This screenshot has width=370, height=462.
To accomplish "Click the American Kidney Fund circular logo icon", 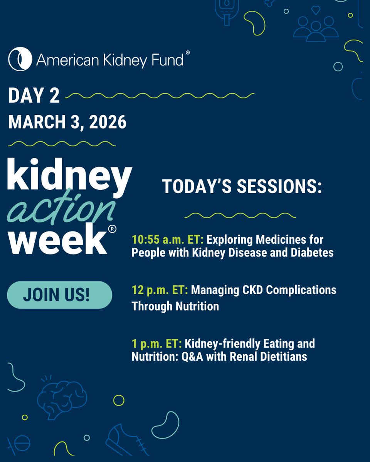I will (x=20, y=59).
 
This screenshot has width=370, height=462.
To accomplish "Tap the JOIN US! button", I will (x=60, y=295).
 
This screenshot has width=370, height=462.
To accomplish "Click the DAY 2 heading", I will (x=34, y=97).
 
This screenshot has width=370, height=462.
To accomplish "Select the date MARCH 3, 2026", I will (x=67, y=122).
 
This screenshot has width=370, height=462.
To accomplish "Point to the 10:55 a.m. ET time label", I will (x=168, y=240).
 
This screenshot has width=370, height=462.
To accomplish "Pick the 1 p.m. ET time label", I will (x=156, y=343).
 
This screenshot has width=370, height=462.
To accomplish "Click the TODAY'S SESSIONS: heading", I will (x=242, y=186).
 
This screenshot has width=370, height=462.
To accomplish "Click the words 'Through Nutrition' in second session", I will (x=175, y=306).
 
